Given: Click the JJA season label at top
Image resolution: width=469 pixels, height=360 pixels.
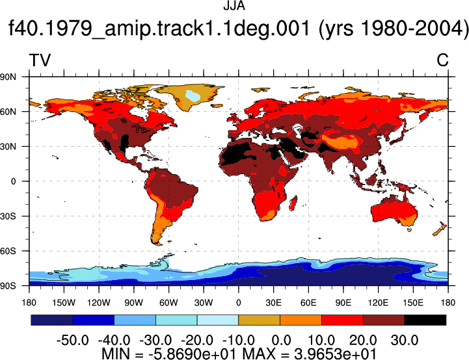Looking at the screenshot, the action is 234,6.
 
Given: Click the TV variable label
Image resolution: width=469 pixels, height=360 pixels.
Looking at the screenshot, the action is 40,60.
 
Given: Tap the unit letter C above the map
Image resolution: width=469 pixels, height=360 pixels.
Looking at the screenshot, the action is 442,60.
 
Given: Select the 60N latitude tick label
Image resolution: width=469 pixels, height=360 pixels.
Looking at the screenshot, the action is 8,112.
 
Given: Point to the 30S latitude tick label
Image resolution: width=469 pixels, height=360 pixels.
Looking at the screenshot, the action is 8,216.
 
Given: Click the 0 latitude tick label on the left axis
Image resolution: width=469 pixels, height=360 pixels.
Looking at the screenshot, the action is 13,181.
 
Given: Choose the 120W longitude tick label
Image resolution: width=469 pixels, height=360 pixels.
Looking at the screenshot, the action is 99,303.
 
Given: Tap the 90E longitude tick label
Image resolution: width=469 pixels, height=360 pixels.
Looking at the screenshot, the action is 343,303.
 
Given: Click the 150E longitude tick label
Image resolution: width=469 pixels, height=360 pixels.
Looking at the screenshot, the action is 413,303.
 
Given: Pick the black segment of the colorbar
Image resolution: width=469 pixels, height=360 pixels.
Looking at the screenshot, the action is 425,320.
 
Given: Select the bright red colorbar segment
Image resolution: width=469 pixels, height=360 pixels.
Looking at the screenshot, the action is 342,320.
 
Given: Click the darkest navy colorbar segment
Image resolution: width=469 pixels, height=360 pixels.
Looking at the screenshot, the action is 52,320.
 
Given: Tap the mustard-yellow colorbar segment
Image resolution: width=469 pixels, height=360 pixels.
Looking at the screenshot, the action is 260,320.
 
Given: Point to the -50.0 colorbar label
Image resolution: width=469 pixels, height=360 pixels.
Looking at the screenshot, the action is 73,341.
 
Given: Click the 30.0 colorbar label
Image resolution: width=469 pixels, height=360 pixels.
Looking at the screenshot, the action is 405,341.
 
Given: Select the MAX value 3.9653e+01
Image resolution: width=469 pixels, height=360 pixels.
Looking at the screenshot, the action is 335,354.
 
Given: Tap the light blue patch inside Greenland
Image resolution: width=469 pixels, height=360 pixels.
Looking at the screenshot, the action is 193,96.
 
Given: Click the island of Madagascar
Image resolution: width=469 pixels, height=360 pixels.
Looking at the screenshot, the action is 293,203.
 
